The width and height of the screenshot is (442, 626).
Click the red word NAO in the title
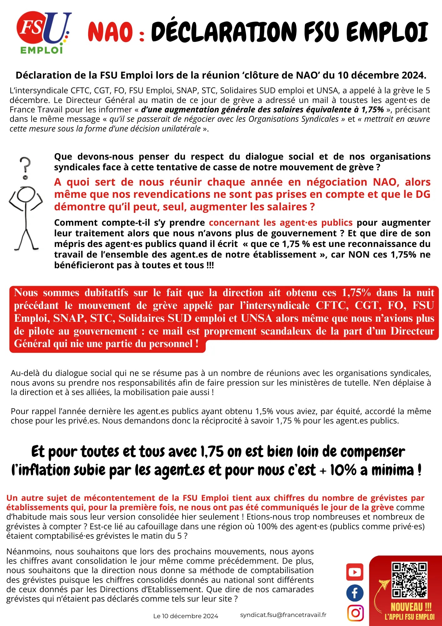(x=110, y=33)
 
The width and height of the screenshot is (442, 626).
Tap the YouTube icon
(x=355, y=572)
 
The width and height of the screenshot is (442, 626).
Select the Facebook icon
(x=355, y=593)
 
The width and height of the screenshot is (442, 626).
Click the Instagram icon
(x=355, y=613)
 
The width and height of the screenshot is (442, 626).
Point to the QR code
(x=409, y=580)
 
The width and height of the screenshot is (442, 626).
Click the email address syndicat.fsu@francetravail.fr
(x=283, y=615)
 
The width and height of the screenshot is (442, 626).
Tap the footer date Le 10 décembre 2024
(x=185, y=616)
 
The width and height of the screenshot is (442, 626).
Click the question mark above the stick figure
(x=25, y=167)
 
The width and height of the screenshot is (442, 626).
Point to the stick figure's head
(x=26, y=195)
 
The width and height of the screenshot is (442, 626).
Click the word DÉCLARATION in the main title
(x=224, y=32)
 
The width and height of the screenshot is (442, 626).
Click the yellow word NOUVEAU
(x=407, y=607)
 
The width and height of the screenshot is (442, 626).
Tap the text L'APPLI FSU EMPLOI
(x=409, y=617)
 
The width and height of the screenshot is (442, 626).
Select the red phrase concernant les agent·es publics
(x=281, y=223)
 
